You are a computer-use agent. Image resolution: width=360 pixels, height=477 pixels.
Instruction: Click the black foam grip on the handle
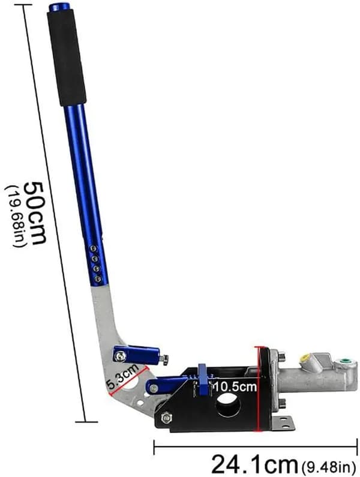[x=67, y=57]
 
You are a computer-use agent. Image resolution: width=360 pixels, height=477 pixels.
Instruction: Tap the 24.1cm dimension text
[x=254, y=464]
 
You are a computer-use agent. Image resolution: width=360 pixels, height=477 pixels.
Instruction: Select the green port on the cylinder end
[x=344, y=361]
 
